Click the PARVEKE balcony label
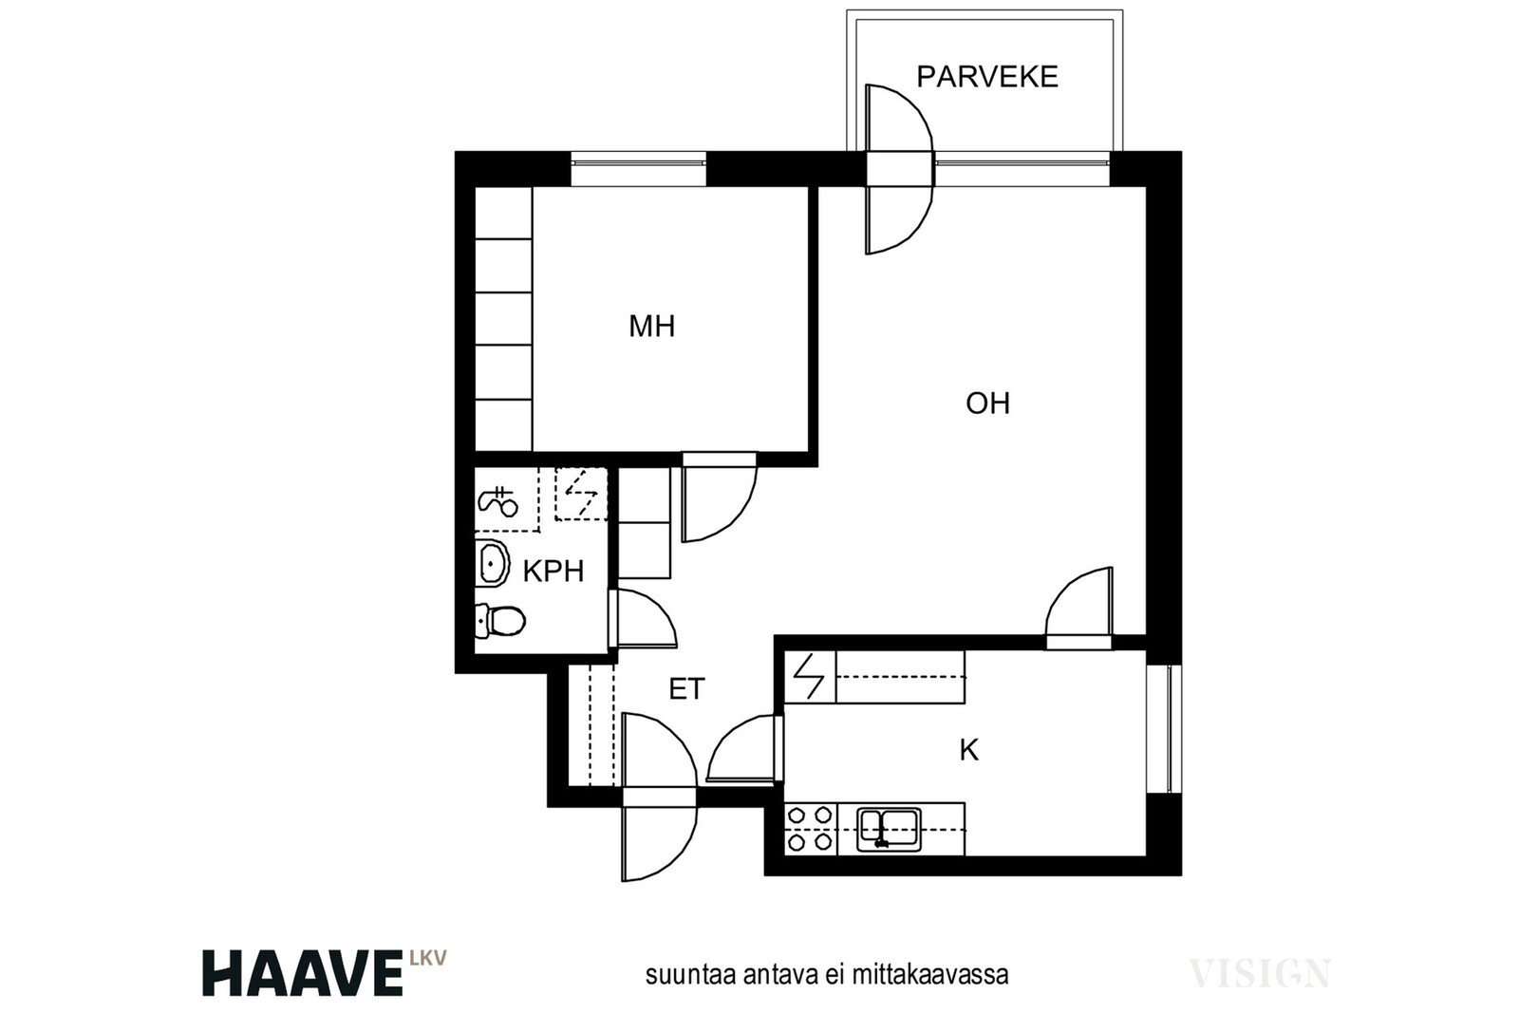[986, 77]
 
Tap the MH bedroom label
[651, 327]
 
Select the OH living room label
[987, 403]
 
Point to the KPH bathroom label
[553, 572]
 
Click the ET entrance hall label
[687, 689]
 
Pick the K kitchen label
[969, 751]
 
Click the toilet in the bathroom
[500, 620]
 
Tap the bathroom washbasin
[492, 563]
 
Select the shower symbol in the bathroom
[498, 502]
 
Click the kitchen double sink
[889, 829]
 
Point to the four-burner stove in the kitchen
[811, 829]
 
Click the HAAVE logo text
[303, 973]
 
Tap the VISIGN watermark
[1260, 973]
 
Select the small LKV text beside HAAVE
[428, 957]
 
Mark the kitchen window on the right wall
[1164, 728]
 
